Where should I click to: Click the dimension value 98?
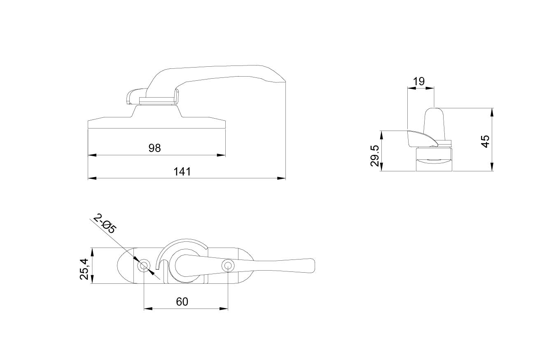[154, 148]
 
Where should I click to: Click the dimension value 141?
[182, 172]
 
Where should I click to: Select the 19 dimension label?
[419, 82]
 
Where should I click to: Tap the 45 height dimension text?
[486, 141]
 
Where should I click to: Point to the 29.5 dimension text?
[375, 156]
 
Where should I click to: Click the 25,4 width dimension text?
[84, 269]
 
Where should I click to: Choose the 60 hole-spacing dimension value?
[182, 302]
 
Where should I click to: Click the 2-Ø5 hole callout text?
[105, 224]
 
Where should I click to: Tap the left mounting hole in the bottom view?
[144, 266]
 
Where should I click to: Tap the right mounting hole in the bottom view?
[228, 266]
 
